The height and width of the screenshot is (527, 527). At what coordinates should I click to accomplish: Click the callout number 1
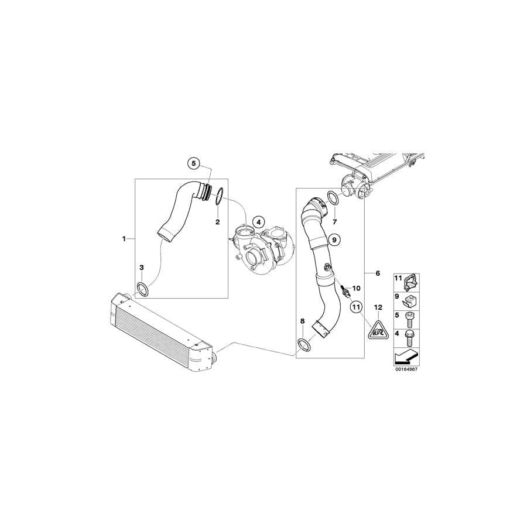click(x=124, y=238)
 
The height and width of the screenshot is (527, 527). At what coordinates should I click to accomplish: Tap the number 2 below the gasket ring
click(x=217, y=222)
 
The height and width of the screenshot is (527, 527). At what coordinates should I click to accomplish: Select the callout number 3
click(x=142, y=268)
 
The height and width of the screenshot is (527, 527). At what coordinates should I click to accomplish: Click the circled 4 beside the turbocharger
click(x=259, y=222)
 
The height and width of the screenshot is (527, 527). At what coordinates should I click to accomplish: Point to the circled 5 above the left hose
click(x=194, y=163)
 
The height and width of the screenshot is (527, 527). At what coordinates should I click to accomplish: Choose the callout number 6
click(x=378, y=273)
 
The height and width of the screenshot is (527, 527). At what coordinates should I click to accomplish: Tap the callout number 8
click(x=302, y=321)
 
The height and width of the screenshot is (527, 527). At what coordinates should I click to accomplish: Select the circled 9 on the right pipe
click(x=334, y=239)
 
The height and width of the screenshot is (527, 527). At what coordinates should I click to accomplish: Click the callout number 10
click(x=357, y=288)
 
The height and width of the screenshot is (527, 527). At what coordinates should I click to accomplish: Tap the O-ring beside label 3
click(x=142, y=288)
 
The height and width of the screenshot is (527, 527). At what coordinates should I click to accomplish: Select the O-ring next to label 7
click(x=333, y=199)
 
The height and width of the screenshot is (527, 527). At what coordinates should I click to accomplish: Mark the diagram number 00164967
click(x=406, y=369)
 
